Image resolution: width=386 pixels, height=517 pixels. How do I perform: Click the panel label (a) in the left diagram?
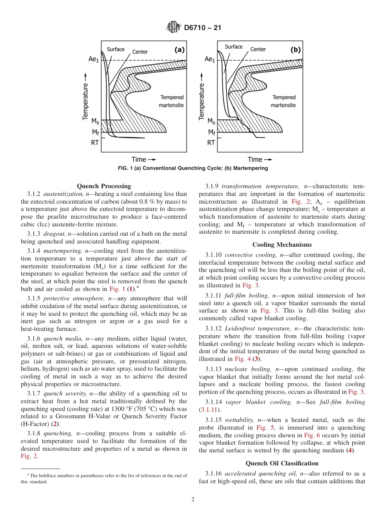(x=179, y=50)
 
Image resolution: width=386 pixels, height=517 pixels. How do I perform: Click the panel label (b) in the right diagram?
(x=295, y=50)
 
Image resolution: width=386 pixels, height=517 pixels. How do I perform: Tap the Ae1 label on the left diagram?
(x=93, y=59)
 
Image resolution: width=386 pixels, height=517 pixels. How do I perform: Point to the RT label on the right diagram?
(x=211, y=142)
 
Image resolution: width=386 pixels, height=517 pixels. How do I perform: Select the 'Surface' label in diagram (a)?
(x=116, y=49)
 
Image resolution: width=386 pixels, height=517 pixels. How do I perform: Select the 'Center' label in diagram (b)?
(x=258, y=49)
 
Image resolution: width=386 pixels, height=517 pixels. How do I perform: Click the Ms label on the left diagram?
(x=94, y=121)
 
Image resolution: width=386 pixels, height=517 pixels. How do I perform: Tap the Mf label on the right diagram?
(x=212, y=132)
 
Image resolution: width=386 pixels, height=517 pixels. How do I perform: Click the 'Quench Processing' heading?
(x=104, y=186)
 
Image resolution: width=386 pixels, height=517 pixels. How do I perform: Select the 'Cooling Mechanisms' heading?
(x=282, y=245)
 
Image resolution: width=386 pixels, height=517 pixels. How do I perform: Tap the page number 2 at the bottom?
(x=193, y=500)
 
